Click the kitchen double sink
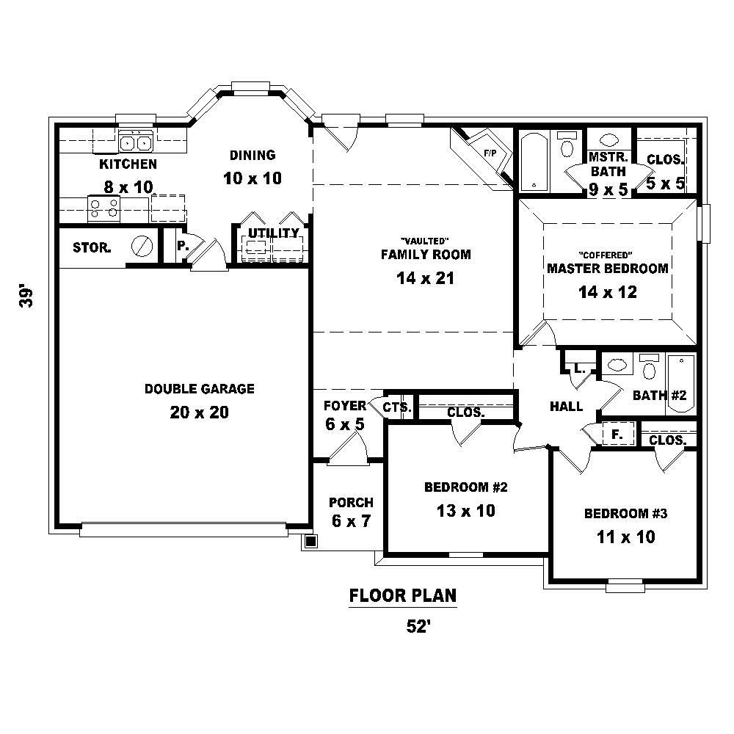tap(135, 142)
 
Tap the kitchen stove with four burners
tap(104, 208)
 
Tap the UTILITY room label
tap(273, 233)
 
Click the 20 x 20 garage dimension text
tap(199, 413)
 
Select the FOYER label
tap(344, 406)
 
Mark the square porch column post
tap(310, 542)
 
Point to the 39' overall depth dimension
tap(27, 296)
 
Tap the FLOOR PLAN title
tap(403, 595)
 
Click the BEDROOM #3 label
tap(625, 514)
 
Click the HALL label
tap(566, 407)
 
